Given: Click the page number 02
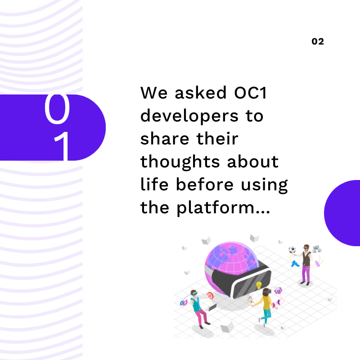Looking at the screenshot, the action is tap(318, 41).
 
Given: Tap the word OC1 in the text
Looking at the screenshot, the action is tap(250, 93).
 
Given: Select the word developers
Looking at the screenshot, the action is tap(189, 117).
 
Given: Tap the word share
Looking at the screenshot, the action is tap(165, 139).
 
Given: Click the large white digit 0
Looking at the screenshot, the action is tap(57, 108).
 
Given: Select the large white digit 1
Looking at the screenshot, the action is tap(62, 146).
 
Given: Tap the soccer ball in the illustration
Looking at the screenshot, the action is tap(292, 250).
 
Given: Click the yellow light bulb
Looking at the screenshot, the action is tap(259, 285).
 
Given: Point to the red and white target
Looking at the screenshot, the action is tap(210, 295).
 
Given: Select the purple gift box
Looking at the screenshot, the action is tap(278, 291).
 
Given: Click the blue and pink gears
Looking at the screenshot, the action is tap(184, 303).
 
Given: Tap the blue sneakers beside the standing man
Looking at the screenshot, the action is tap(295, 264).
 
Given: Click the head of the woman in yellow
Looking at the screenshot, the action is tap(266, 291).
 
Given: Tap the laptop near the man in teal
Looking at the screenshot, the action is tap(212, 307).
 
